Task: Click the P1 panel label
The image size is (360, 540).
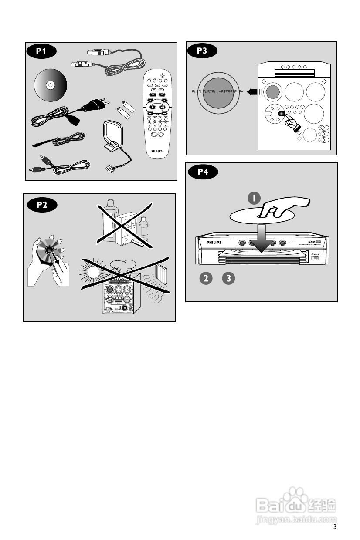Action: pos(41,51)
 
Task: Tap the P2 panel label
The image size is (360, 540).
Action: pos(42,205)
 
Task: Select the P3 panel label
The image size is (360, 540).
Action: pos(202,51)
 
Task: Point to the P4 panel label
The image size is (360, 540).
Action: pos(203,172)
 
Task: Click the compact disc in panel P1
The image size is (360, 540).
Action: pos(51,85)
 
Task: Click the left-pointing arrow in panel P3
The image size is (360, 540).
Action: pos(253,92)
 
